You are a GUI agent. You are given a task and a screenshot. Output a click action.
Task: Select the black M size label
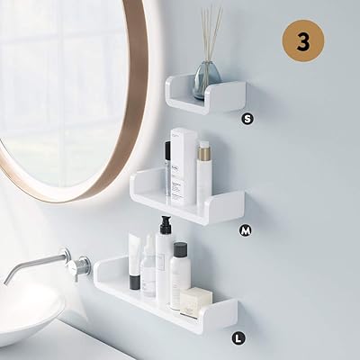coord(245,230)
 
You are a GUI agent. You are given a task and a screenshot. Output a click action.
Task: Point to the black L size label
coord(237,338)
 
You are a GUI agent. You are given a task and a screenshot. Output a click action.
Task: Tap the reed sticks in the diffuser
coord(210,31)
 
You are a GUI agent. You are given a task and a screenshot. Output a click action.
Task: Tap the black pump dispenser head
coord(165,224)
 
